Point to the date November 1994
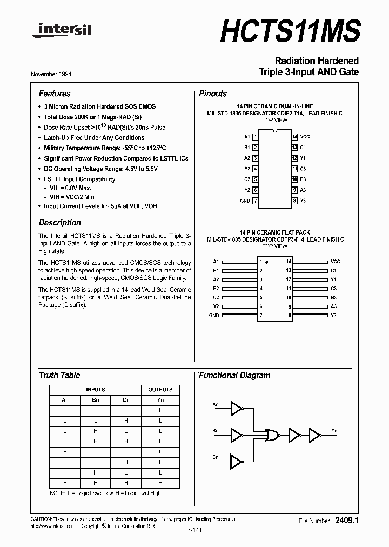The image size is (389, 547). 55,74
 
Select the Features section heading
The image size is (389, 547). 55,94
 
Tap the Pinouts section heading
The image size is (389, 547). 213,94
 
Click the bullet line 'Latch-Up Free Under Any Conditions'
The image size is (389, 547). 94,137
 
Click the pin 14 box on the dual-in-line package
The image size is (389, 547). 294,137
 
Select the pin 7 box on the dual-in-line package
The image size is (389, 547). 255,201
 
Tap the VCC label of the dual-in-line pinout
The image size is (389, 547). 305,137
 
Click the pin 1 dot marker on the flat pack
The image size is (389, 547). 267,262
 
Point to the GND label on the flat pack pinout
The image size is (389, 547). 214,315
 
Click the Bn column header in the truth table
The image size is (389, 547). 96,400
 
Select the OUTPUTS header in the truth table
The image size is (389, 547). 160,389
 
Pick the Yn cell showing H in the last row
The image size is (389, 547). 160,482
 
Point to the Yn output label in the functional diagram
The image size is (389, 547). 334,431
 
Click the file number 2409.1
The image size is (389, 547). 347,521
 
